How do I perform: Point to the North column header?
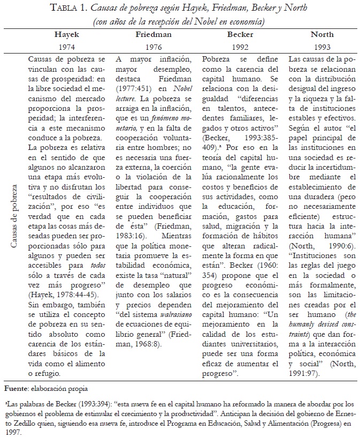322,34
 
